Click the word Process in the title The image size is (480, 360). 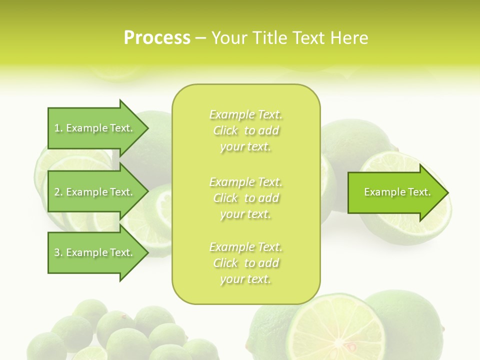[157, 38]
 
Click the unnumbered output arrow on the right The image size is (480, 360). [395, 192]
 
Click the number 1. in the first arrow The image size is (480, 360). [58, 128]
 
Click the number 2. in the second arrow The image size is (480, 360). [58, 192]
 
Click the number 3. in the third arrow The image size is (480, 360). [58, 252]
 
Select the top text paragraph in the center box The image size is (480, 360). [245, 130]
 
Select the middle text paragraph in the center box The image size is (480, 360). [245, 197]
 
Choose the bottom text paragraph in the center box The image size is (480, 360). [245, 263]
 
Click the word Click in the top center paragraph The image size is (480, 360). [225, 130]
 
